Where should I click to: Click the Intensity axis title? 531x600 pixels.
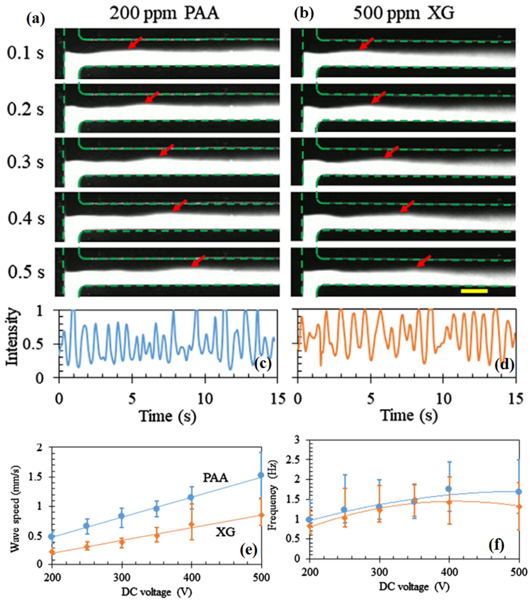click(12, 337)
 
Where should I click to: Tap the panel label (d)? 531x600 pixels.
click(504, 365)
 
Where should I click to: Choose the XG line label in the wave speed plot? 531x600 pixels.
click(225, 532)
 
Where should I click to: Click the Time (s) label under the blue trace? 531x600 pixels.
click(168, 416)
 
